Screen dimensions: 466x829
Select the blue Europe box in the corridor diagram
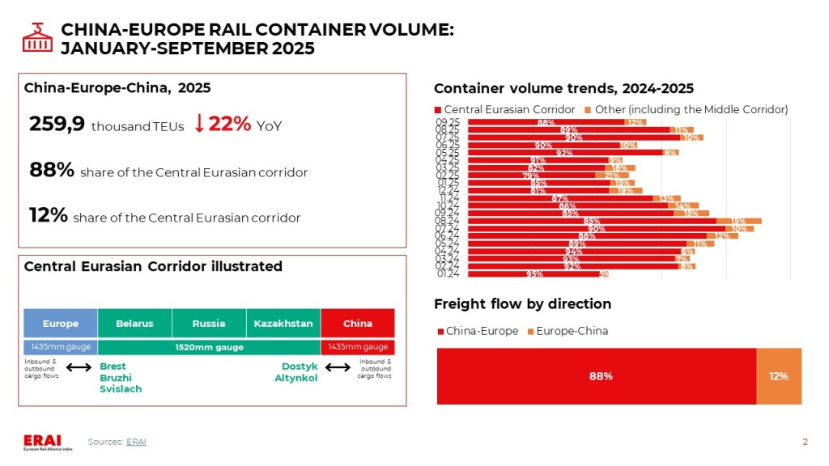tap(61, 324)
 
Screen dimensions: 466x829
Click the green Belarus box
tap(134, 324)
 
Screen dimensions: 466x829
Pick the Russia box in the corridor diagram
tap(209, 324)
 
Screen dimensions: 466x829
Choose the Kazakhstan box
tap(283, 324)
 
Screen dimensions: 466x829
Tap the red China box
tap(358, 324)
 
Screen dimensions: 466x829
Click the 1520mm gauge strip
tap(209, 347)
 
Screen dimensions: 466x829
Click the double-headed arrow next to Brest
tap(79, 368)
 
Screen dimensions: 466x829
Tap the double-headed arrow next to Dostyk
tap(337, 368)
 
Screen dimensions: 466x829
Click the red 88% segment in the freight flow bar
tap(597, 376)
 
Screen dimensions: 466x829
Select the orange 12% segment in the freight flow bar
tap(779, 376)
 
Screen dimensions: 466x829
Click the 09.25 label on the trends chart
tap(448, 122)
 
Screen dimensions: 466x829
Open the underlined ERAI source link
tap(136, 441)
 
